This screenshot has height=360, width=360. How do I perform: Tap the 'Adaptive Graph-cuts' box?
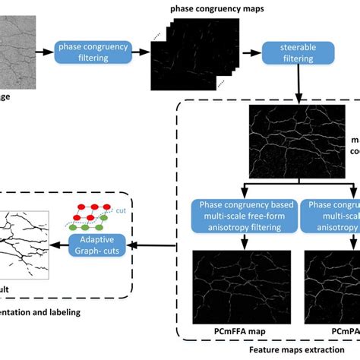(x=96, y=245)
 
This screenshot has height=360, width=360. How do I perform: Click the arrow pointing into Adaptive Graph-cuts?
(x=156, y=245)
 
